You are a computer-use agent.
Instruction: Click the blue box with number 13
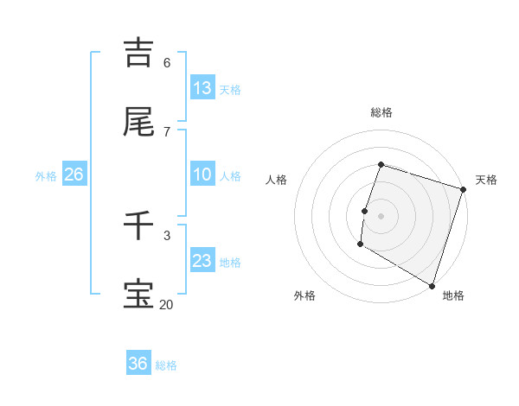202,87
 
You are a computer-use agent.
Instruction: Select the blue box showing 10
202,174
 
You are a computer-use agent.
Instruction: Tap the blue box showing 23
202,261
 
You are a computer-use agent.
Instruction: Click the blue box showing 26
74,174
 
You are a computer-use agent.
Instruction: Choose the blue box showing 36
138,364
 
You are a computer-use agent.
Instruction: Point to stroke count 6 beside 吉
167,62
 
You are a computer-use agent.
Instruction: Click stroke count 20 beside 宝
167,304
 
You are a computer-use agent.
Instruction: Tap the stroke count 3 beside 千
167,235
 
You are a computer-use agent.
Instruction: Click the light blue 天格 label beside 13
229,89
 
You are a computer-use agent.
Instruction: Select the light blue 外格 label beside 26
46,175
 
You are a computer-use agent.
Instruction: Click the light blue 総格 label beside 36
166,365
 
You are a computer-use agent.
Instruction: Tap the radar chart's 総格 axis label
381,112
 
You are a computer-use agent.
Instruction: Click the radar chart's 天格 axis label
486,180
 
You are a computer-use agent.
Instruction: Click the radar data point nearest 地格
432,284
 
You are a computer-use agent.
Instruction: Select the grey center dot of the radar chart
381,215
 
